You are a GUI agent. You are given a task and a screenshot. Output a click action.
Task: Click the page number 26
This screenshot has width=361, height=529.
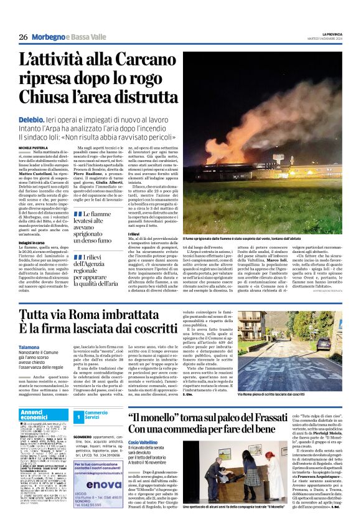23,37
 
